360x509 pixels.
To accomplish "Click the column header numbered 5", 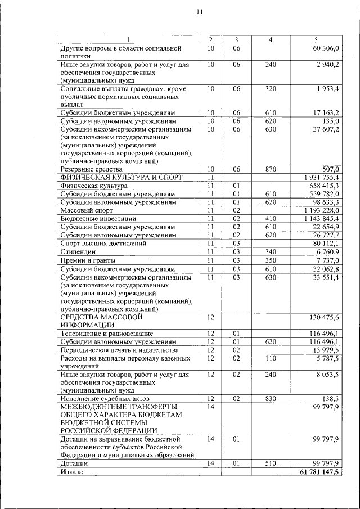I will [316, 40].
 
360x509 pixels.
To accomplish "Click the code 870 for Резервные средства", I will [271, 169].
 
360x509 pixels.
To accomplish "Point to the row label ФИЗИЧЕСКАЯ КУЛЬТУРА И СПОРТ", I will [121, 177].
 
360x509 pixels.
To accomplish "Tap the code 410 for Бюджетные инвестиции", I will [271, 218].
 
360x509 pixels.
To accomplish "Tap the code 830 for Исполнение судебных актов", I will [271, 398].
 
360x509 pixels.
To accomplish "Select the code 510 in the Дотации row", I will [271, 463].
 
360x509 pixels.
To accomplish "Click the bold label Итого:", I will [71, 471].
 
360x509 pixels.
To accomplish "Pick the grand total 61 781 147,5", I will [319, 471].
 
